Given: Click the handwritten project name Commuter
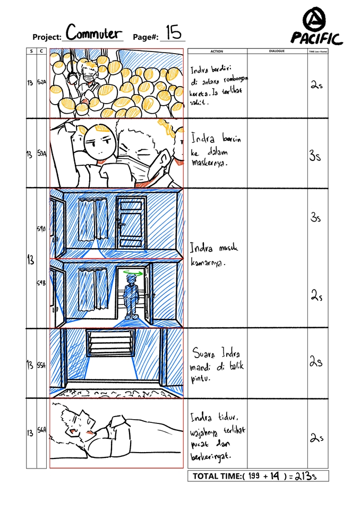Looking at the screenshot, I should [93, 33].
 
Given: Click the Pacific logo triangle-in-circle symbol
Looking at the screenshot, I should [316, 21].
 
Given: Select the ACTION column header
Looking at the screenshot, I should [217, 52].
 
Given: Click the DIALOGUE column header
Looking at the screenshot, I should [277, 52].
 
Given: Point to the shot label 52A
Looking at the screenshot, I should [41, 83].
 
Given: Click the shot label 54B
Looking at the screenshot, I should [41, 284].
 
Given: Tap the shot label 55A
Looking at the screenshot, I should [41, 365].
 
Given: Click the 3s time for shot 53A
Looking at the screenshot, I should [315, 156].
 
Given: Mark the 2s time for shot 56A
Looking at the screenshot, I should [315, 438].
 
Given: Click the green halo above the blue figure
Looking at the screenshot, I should [131, 273].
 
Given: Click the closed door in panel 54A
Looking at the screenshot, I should [132, 222].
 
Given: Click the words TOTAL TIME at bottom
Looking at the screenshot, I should [216, 477].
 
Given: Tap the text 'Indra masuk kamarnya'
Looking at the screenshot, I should [214, 255].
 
